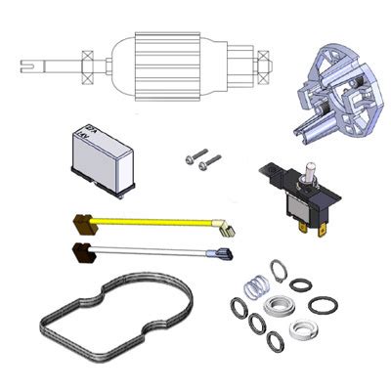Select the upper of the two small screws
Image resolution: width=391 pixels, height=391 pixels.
click(197, 154)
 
